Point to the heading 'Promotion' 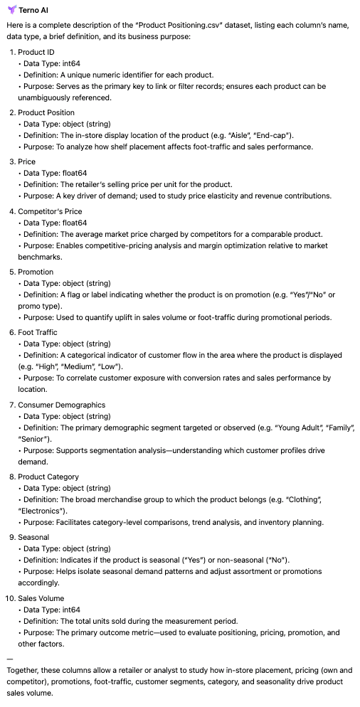point(37,272)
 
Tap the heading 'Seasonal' point(35,537)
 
